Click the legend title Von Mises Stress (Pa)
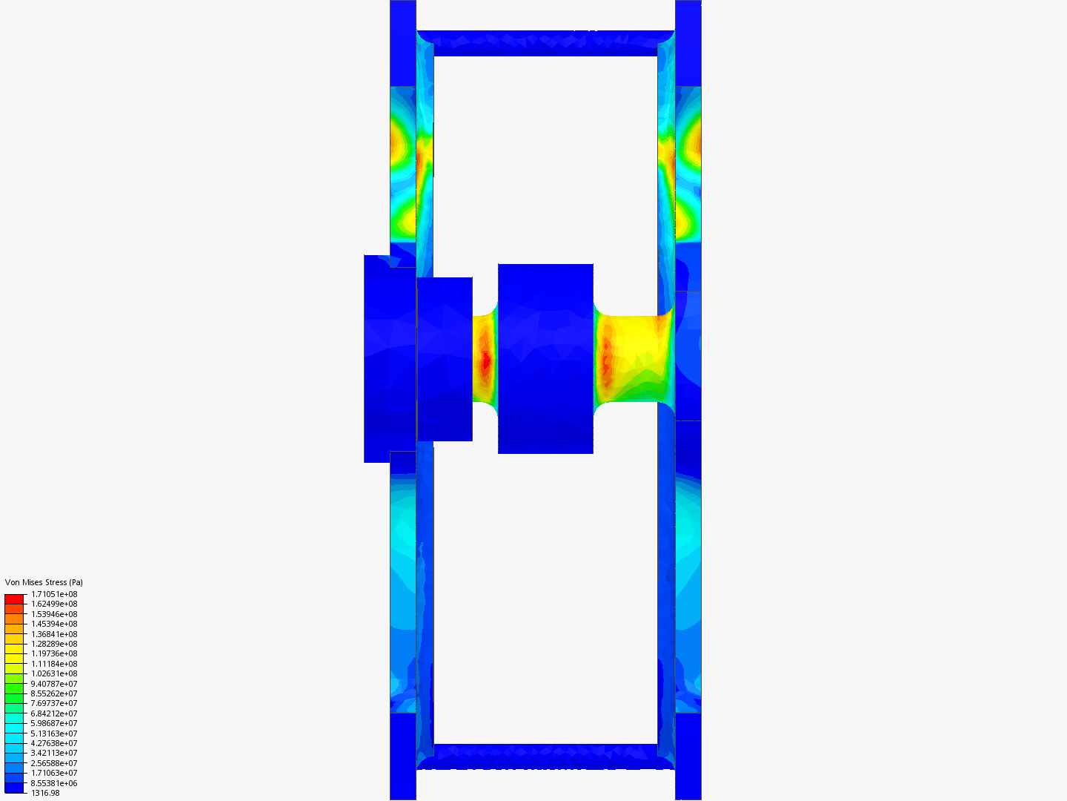tap(44, 582)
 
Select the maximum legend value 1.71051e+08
tap(54, 594)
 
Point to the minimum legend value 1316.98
tap(45, 793)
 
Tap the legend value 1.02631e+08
tap(54, 673)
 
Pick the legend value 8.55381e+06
tap(54, 783)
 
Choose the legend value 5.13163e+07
tap(54, 734)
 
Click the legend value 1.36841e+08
tap(54, 634)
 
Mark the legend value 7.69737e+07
tap(54, 703)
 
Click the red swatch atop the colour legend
tap(14, 599)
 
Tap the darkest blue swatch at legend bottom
tap(14, 788)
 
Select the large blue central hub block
tap(545, 358)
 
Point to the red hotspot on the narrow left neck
tap(486, 362)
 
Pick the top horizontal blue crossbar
tap(545, 42)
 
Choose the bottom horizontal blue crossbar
tap(545, 756)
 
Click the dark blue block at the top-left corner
tap(403, 43)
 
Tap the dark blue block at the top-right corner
tap(688, 43)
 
